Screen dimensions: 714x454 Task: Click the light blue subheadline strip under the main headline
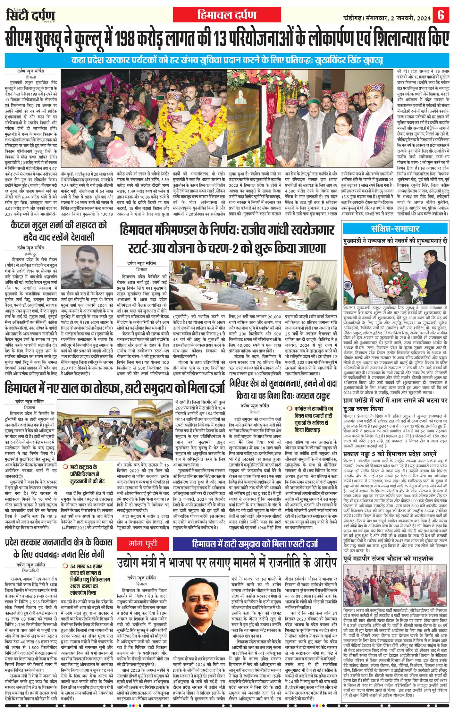[227, 60]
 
